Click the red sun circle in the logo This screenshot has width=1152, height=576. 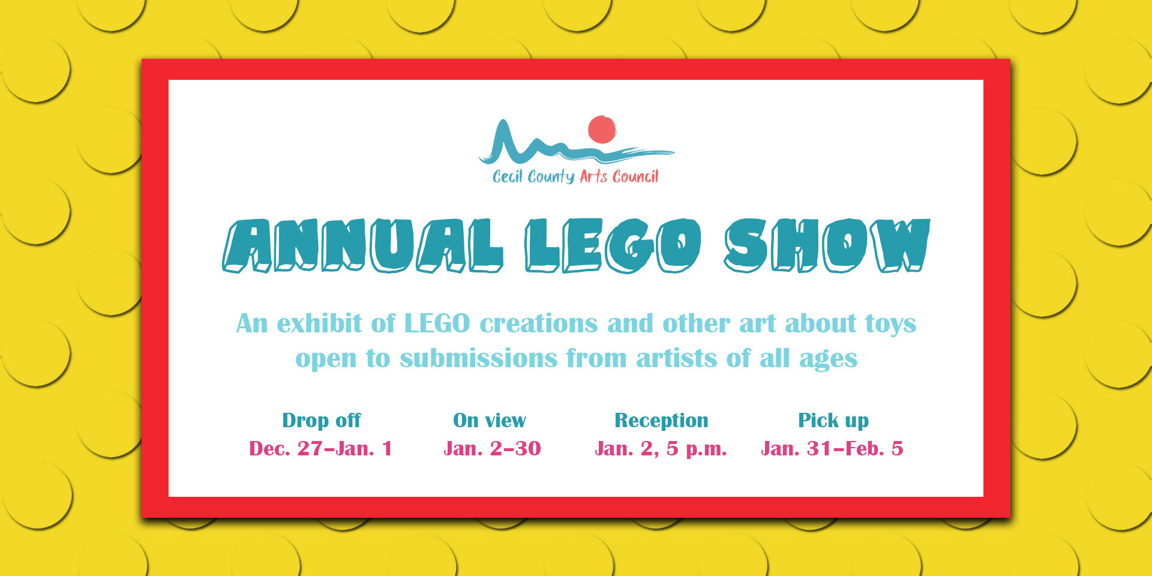602,130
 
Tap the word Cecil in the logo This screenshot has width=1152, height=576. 508,176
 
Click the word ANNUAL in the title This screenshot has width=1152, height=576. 363,245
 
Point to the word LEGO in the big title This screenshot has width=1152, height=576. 613,245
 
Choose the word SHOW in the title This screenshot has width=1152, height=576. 827,245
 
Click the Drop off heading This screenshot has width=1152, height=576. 322,421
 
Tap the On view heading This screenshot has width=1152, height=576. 490,421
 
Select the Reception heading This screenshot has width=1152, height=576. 661,421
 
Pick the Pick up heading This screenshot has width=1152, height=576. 833,421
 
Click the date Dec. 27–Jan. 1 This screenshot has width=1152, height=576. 320,448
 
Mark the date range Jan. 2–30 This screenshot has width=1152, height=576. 492,448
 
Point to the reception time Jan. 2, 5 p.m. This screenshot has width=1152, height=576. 661,449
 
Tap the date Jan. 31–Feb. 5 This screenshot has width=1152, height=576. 832,448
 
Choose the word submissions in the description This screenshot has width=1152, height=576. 479,358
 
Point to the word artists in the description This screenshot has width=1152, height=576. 676,358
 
